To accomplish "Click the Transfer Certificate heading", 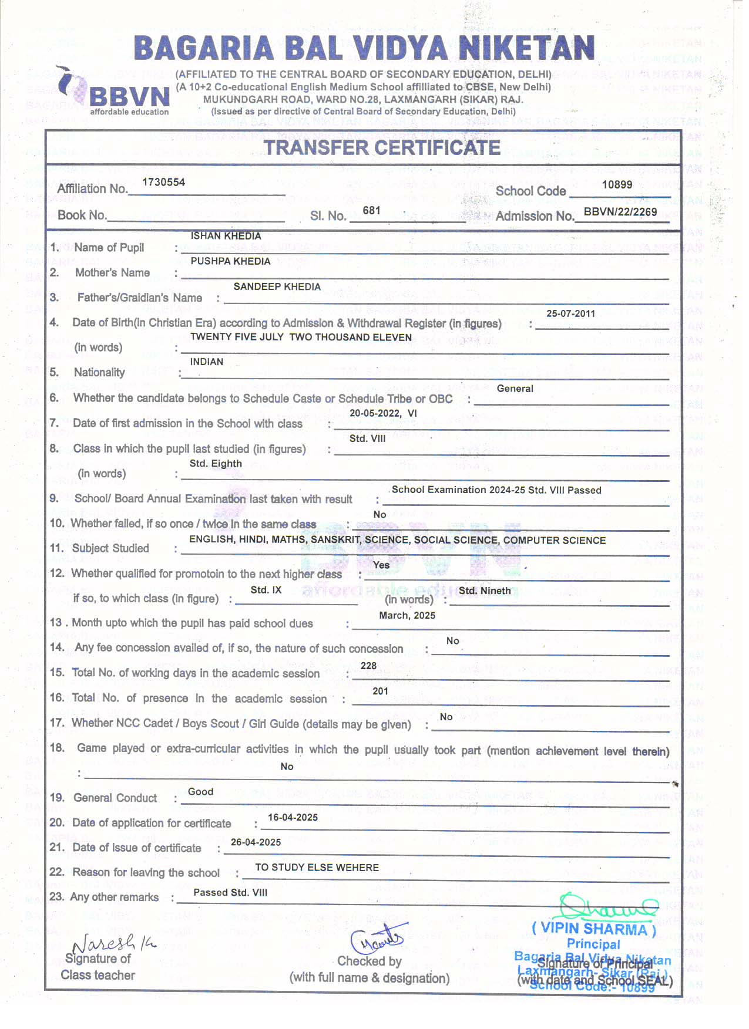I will (x=382, y=147).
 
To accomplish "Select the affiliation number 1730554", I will (x=163, y=183).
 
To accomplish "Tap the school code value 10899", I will (x=617, y=185).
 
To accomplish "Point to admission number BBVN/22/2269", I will (x=620, y=212).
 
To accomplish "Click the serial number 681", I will (x=371, y=211).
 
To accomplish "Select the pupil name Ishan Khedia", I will (x=226, y=236).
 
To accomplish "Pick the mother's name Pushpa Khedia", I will (x=230, y=261).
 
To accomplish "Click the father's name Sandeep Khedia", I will (x=277, y=287).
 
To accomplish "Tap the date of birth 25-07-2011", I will (x=570, y=313).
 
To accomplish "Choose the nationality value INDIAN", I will (x=207, y=362).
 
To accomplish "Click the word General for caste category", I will (x=515, y=389).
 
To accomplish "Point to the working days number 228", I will (x=368, y=666).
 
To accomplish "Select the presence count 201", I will (x=380, y=691).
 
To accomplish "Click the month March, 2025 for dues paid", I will (x=407, y=615).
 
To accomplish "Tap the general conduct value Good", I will (x=200, y=792).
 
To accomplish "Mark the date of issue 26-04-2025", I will (x=256, y=842).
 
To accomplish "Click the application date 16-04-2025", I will (x=293, y=818).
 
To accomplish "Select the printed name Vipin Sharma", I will (x=593, y=929).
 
